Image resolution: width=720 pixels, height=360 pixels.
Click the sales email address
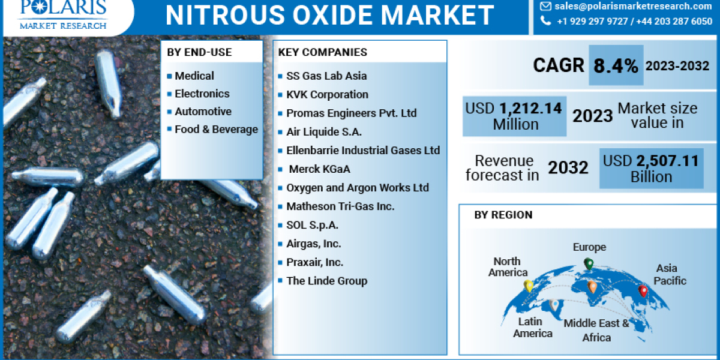[634, 6]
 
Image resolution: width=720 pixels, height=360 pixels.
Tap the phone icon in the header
[545, 21]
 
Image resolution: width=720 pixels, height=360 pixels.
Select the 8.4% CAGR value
[616, 66]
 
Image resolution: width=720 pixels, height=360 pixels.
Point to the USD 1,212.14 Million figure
[515, 116]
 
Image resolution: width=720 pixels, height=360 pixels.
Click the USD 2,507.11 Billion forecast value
[651, 169]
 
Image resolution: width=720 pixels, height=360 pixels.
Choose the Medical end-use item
[194, 76]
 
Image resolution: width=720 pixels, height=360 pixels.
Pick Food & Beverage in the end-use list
[216, 129]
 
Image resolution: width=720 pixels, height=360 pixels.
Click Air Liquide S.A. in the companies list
[323, 131]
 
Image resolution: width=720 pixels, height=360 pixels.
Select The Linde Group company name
[326, 281]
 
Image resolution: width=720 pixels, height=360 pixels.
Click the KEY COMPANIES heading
[323, 52]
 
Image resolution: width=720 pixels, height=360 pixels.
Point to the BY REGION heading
[503, 215]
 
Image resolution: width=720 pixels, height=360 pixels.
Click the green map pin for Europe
[589, 263]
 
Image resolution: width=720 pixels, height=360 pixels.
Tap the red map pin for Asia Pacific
[643, 291]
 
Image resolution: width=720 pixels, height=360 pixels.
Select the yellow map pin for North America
[529, 286]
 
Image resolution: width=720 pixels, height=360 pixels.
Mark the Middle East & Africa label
[596, 331]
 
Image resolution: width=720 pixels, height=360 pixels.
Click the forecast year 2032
[568, 168]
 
